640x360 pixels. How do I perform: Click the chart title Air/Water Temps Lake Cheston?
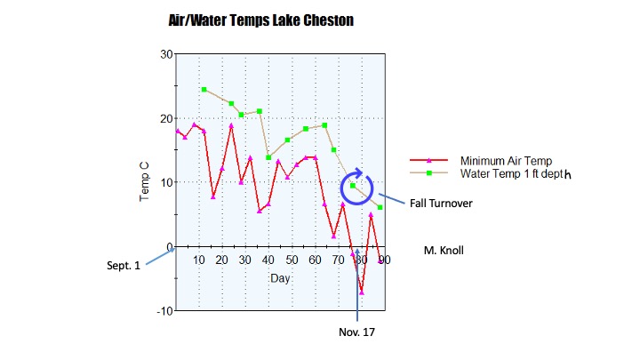(261, 19)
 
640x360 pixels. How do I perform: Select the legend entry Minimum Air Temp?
(496, 161)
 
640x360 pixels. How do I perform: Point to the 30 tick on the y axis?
(165, 54)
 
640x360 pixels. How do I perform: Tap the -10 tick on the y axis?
(164, 310)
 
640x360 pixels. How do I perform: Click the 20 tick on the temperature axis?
(165, 118)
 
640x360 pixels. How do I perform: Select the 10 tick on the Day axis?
(199, 260)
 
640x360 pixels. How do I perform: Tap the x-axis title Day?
(280, 278)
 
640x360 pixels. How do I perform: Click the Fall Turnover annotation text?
(440, 204)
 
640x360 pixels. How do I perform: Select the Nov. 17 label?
(357, 332)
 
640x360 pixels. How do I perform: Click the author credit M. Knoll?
(444, 251)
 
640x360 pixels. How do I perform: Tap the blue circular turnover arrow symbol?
(359, 187)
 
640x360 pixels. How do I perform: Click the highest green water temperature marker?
(204, 90)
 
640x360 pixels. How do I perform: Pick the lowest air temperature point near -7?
(362, 292)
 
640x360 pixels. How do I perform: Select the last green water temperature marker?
(380, 208)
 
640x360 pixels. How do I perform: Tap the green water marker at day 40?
(268, 157)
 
